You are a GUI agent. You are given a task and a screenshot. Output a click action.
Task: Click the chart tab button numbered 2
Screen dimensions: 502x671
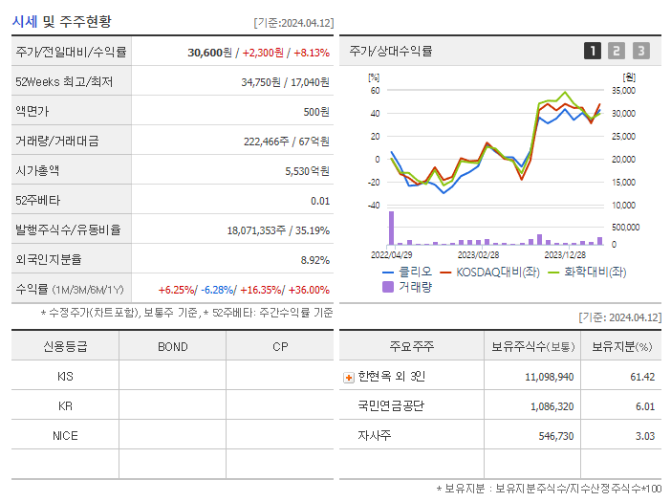(x=617, y=51)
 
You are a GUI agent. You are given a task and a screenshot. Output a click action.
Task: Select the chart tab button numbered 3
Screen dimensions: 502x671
(x=640, y=51)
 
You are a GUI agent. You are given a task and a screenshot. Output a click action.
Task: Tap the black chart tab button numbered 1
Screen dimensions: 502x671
(x=593, y=51)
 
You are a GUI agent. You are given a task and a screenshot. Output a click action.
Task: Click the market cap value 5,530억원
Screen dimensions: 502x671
(x=308, y=171)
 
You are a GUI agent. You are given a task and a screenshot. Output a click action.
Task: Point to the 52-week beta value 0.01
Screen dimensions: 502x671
(x=320, y=201)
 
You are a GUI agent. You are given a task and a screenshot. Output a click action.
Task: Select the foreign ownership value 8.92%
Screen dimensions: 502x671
(x=314, y=259)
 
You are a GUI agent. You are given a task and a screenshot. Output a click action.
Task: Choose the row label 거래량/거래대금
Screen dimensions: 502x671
(x=57, y=142)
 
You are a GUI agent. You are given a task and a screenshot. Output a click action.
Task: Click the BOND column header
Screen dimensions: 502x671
(x=173, y=347)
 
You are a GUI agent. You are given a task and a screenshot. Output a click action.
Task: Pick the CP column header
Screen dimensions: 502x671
(x=280, y=347)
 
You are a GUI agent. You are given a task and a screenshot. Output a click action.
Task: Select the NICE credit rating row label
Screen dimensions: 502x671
(x=65, y=436)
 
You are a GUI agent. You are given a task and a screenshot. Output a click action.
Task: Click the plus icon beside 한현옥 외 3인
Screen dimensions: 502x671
(x=348, y=377)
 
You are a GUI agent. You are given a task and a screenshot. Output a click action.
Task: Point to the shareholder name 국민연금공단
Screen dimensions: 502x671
(x=390, y=406)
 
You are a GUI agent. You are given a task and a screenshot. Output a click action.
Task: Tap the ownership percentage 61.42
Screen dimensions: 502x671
(x=642, y=377)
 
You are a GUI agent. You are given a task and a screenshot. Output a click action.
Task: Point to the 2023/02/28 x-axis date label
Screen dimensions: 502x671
(x=478, y=254)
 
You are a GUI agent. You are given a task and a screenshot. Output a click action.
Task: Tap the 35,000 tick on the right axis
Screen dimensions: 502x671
(x=622, y=91)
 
